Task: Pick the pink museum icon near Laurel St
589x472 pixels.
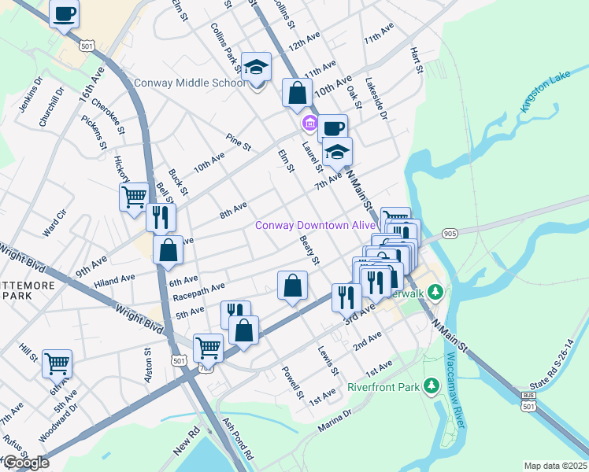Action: (309, 124)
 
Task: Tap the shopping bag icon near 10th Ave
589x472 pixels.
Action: (297, 93)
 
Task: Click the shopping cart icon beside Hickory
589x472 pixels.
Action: (134, 197)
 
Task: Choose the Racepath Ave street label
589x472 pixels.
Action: (200, 292)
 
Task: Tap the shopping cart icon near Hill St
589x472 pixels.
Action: (57, 364)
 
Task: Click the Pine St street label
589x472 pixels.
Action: (238, 146)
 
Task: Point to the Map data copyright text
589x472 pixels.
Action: (556, 466)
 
